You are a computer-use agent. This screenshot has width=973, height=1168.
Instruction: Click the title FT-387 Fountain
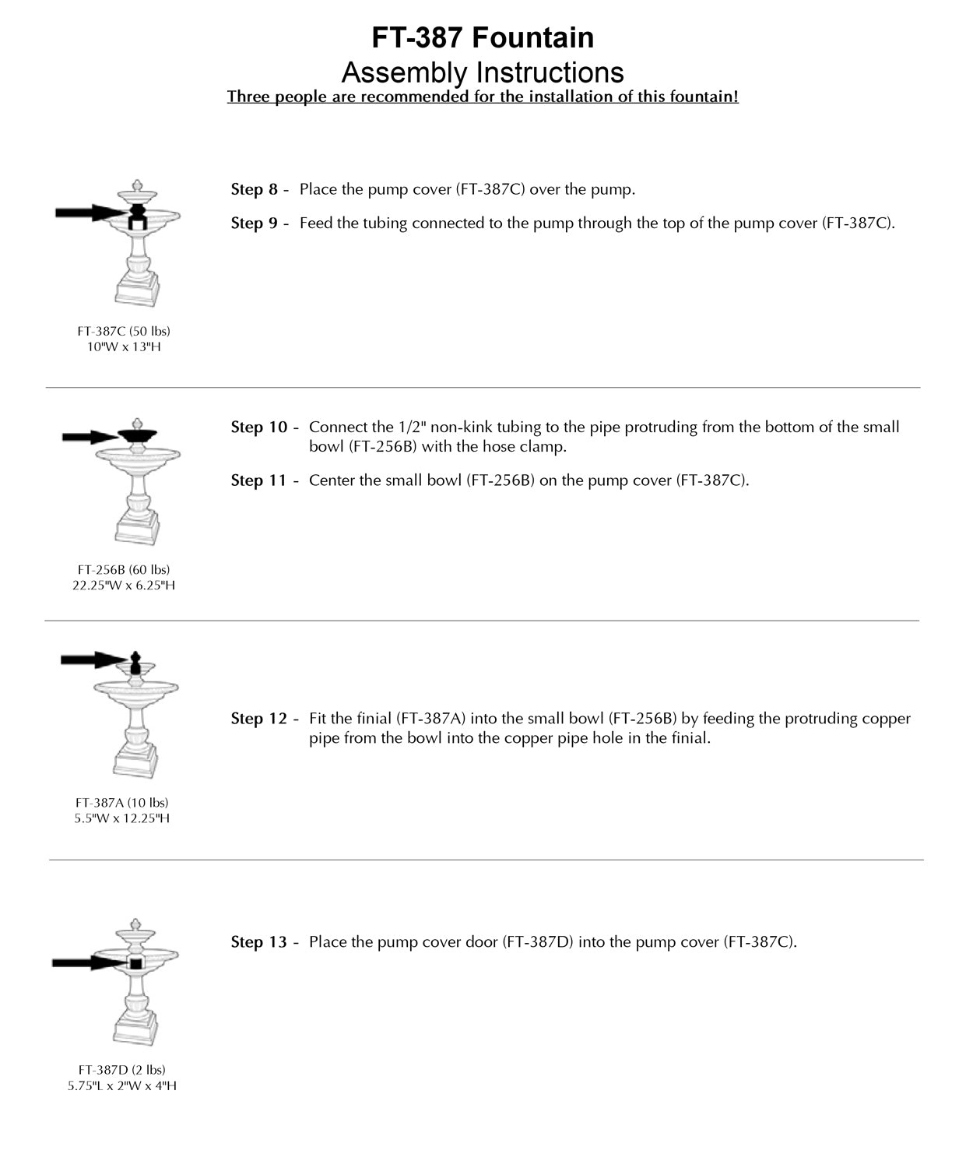(483, 37)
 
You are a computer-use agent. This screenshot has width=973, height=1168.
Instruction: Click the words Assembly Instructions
(483, 72)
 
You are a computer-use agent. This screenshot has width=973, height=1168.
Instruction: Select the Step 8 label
(255, 189)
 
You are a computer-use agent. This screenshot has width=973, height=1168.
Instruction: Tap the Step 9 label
(255, 223)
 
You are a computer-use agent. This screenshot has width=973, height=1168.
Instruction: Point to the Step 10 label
(259, 427)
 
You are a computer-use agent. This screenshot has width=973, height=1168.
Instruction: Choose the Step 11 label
(259, 480)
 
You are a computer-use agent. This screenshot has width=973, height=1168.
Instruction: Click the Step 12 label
(259, 719)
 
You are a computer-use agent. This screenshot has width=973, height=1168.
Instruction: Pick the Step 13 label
(259, 942)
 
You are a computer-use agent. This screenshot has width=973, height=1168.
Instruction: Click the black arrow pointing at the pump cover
(87, 213)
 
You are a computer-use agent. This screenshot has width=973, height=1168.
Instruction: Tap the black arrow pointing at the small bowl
(89, 437)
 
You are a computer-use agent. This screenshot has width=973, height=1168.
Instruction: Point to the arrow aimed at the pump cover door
(86, 963)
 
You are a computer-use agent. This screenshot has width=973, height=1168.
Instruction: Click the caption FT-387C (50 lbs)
(124, 332)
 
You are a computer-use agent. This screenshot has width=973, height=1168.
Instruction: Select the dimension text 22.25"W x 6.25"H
(124, 586)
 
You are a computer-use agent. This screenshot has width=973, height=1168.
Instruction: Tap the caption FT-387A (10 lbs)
(122, 803)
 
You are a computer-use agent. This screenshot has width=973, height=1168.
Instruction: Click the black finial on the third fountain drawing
(135, 663)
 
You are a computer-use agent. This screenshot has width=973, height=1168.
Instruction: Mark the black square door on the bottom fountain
(135, 964)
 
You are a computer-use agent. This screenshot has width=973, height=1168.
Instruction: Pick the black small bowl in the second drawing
(138, 435)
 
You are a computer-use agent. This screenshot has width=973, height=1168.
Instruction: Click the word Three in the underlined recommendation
(248, 97)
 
